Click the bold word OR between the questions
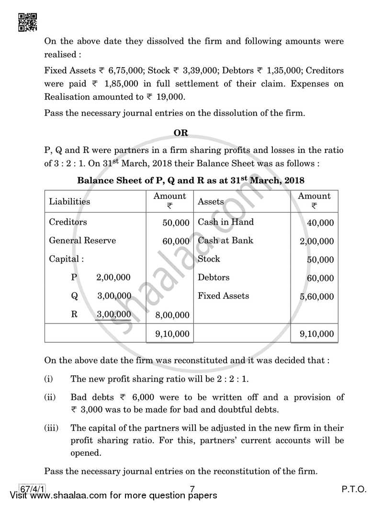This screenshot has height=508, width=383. (181, 132)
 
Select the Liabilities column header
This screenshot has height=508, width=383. (69, 201)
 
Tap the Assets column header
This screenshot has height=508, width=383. (211, 201)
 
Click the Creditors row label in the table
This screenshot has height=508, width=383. (68, 222)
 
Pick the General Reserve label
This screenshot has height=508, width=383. (82, 241)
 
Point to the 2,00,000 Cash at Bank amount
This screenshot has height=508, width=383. (316, 242)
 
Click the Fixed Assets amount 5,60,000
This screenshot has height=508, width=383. (316, 297)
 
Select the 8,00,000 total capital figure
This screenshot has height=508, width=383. (172, 315)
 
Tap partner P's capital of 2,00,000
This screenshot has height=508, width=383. (113, 277)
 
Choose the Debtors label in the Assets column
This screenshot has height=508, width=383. (214, 277)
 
